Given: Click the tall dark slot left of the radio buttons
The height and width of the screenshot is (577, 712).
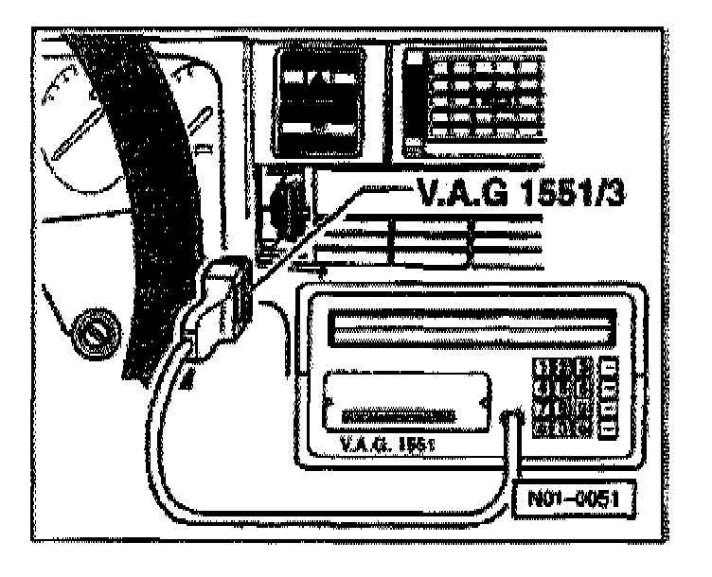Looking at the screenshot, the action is pos(414,99).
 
